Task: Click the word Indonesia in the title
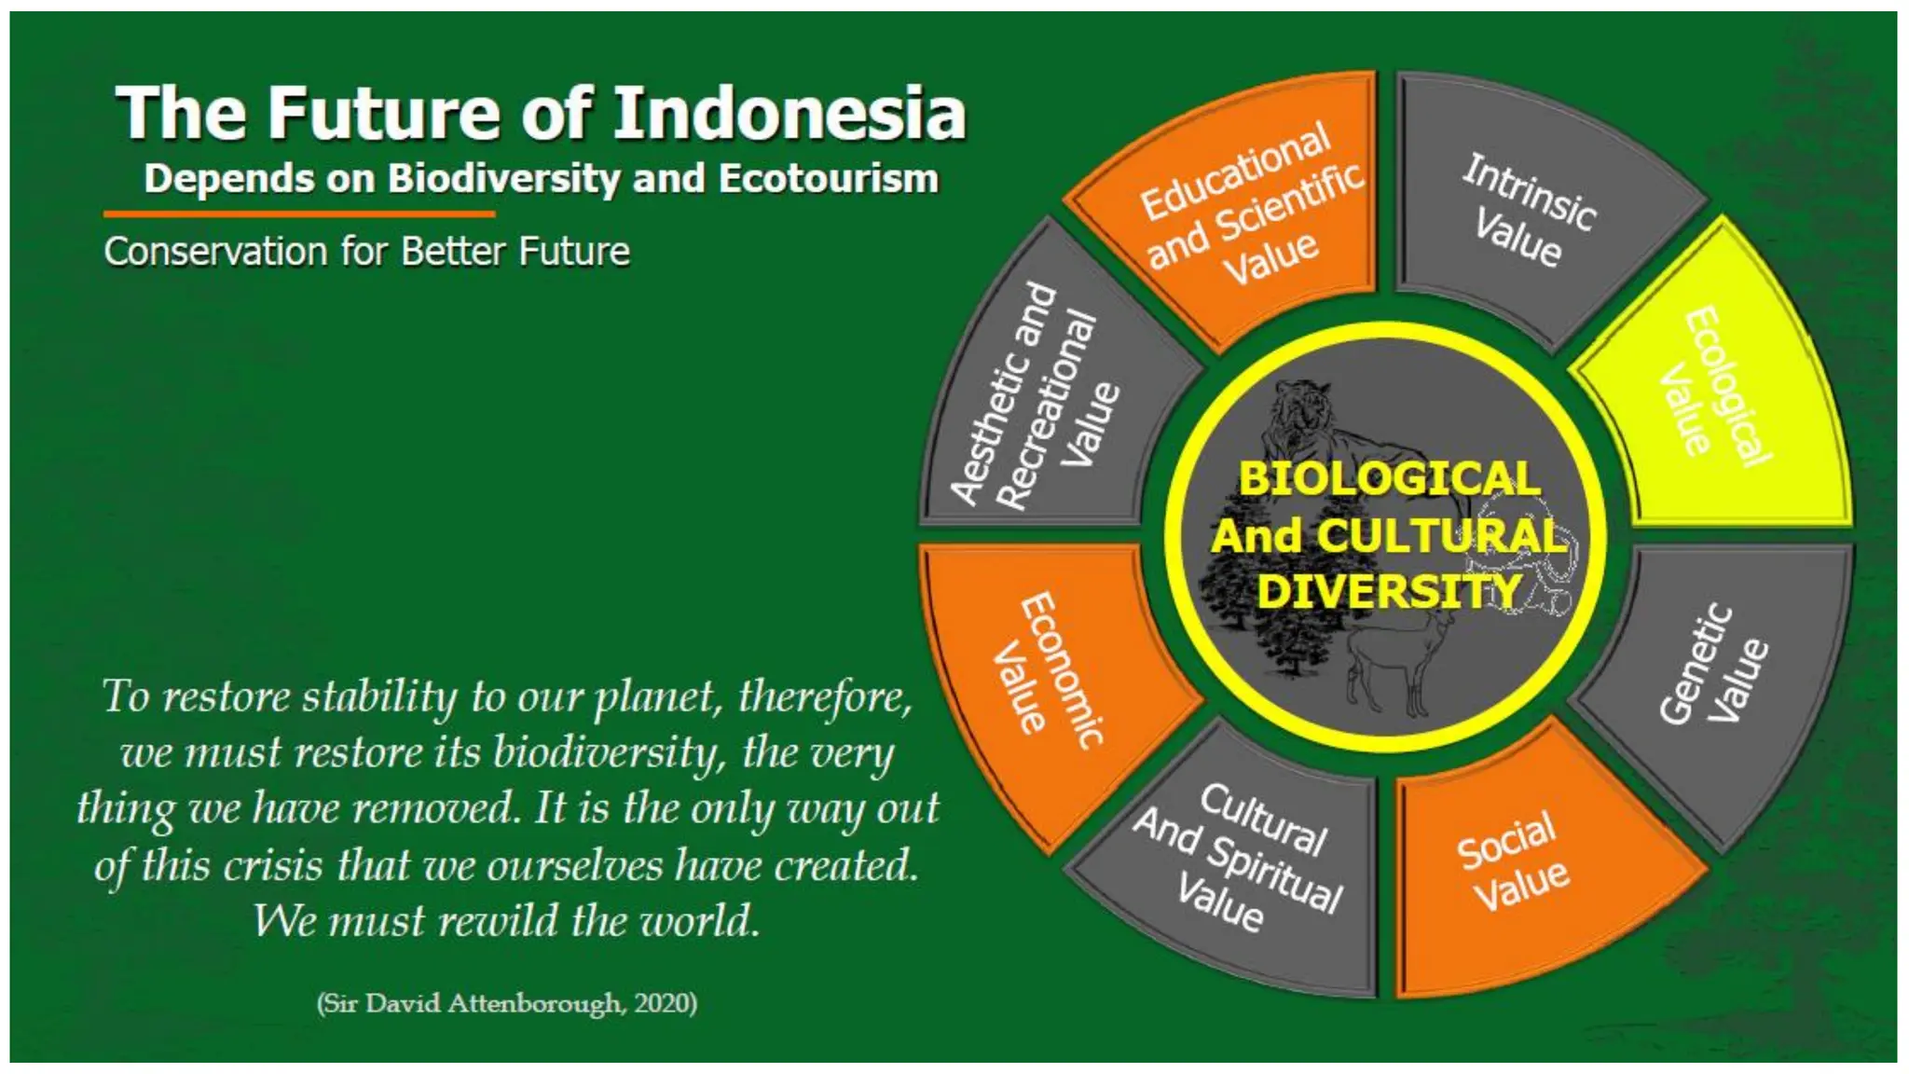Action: click(x=789, y=114)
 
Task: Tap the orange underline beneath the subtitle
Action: click(x=298, y=214)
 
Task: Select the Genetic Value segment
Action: click(x=1715, y=671)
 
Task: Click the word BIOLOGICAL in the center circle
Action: click(x=1389, y=479)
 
